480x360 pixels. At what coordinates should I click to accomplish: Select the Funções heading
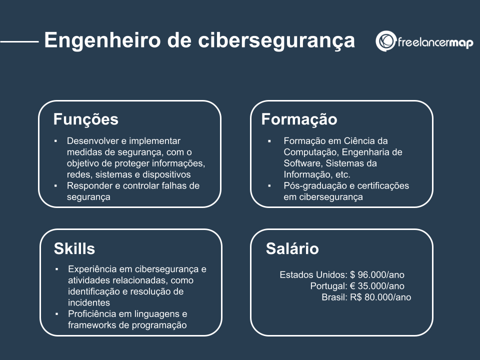(86, 119)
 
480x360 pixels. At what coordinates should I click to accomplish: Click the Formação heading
(299, 119)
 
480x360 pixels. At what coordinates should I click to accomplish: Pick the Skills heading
(74, 248)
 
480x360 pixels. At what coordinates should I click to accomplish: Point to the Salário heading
(292, 248)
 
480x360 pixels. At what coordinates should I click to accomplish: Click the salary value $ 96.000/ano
(377, 274)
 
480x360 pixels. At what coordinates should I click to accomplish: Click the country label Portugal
(327, 286)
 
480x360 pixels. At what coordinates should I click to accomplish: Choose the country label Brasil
(334, 297)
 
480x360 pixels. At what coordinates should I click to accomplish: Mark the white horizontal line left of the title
(19, 41)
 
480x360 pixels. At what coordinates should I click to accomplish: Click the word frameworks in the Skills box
(90, 325)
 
